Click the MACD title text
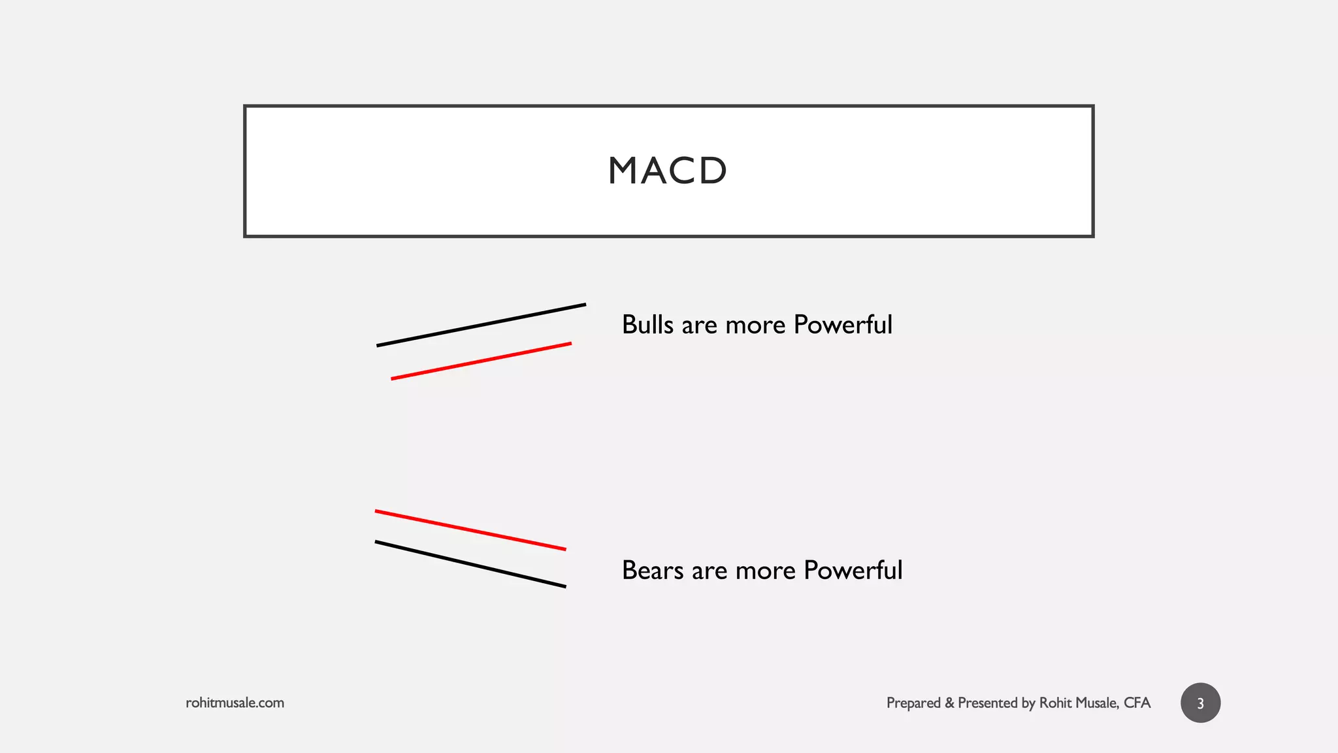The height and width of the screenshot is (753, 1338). (x=667, y=171)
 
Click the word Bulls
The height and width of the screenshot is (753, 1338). (x=647, y=325)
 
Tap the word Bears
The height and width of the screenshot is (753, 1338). (x=652, y=571)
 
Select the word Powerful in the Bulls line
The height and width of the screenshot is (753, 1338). (x=843, y=325)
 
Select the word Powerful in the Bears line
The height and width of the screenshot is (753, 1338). (x=853, y=571)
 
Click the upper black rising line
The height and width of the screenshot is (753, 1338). (x=481, y=325)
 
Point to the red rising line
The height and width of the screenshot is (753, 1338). (x=481, y=361)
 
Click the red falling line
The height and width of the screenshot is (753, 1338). (x=470, y=530)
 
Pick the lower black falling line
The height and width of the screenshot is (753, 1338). (x=470, y=564)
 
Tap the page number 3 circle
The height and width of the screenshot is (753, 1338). (x=1200, y=703)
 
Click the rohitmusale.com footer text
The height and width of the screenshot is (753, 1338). (x=235, y=703)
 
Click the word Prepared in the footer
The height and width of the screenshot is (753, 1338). (x=913, y=703)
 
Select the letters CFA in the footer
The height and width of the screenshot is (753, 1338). (x=1137, y=703)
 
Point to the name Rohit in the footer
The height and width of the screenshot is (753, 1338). (x=1055, y=703)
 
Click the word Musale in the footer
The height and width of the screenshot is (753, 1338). (x=1098, y=703)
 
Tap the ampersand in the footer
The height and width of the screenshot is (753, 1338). (x=949, y=703)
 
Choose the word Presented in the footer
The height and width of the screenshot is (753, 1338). (x=988, y=703)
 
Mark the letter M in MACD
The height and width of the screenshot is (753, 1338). (x=622, y=171)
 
